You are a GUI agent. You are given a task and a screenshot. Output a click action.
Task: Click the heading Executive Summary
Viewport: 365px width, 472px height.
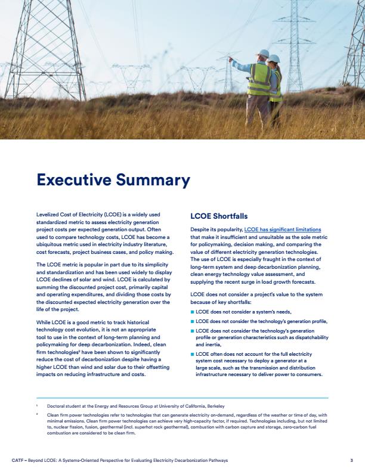point(113,180)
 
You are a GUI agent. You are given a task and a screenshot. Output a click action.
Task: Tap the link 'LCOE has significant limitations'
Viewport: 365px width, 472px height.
point(282,229)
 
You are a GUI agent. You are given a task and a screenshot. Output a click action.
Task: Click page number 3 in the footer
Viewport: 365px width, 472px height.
point(352,461)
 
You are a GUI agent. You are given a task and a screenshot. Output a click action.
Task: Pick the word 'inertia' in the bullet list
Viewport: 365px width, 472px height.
point(206,344)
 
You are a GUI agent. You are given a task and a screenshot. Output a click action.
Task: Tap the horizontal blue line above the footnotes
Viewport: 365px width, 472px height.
point(182,398)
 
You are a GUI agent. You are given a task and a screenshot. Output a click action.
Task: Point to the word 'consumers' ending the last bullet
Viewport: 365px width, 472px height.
point(305,375)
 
